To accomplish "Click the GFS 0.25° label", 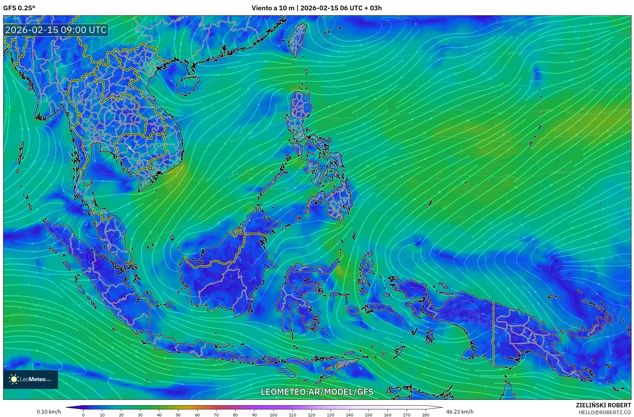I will point(19,8).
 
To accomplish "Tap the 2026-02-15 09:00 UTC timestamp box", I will point(56,30).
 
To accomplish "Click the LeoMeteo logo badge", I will point(31,379).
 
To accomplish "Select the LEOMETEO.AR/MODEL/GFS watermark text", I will point(317,392).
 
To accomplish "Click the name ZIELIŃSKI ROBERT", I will point(603,405).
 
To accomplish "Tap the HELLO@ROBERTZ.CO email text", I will point(605,412).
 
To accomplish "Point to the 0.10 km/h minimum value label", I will point(49,412).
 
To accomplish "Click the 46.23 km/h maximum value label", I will point(460,412).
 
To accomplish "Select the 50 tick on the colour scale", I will point(178,415).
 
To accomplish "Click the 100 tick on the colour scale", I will point(273,415).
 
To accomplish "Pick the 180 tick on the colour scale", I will point(426,415).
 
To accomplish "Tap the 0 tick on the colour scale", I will point(83,415).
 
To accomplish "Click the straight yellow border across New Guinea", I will point(493,334).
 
